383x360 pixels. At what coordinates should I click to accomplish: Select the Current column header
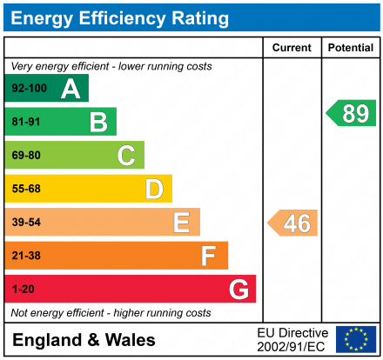291,48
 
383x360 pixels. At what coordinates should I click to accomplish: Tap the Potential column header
350,48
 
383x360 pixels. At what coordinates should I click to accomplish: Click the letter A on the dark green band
71,89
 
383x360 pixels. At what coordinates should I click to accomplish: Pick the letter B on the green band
98,122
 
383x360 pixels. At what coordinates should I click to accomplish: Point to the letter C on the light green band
126,156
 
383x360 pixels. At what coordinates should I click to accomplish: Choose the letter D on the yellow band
154,189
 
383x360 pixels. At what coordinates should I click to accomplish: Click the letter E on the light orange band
181,223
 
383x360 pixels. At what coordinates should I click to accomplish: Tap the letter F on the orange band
209,256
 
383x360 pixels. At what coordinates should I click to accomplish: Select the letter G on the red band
238,289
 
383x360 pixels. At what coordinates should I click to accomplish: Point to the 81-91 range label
25,122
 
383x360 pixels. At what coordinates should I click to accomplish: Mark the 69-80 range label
25,156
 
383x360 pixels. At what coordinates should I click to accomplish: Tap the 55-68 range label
25,189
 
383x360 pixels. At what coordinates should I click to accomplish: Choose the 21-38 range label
25,256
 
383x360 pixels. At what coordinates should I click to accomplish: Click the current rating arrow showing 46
293,223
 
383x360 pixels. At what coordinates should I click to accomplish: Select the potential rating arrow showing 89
352,112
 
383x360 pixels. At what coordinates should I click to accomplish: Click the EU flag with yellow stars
356,339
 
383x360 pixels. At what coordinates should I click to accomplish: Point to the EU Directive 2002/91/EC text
292,339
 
